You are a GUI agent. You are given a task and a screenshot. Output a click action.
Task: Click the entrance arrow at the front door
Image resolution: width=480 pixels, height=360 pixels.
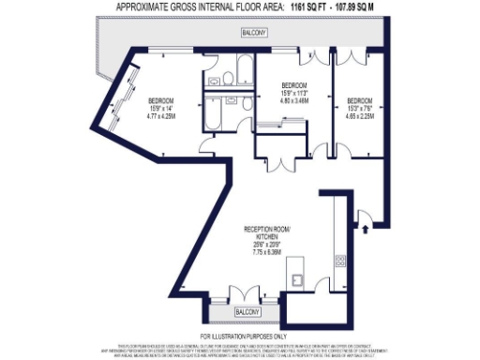364,226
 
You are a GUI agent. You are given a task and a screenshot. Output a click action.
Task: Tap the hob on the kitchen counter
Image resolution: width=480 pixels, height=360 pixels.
340,261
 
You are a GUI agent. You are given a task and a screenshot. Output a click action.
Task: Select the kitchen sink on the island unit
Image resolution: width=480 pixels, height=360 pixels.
296,277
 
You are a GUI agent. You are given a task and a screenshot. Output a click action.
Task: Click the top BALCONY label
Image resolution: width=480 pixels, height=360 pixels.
253,34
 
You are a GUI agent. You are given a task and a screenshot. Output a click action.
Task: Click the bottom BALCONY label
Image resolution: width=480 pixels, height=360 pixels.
247,311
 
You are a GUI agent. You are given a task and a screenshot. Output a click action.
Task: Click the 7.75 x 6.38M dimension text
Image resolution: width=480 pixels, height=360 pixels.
267,251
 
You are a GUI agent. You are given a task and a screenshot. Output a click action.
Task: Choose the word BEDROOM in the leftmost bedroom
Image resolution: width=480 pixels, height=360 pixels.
162,100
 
